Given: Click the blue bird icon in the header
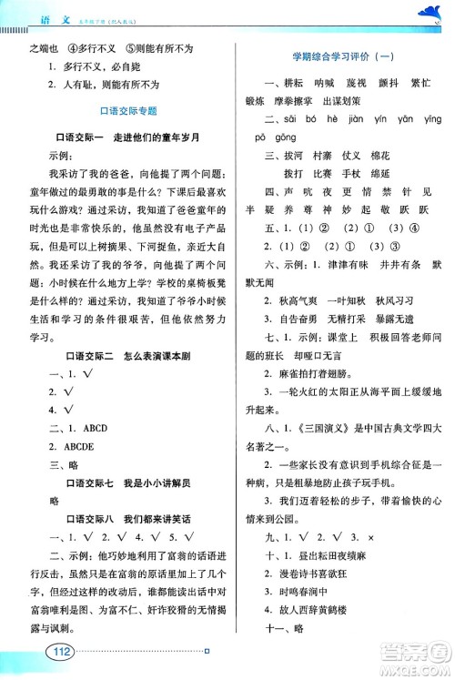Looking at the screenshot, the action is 427,10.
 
